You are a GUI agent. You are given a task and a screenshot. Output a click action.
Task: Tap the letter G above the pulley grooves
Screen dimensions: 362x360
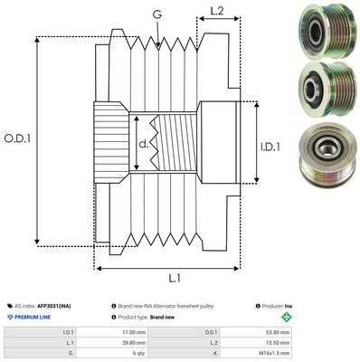[x=158, y=14]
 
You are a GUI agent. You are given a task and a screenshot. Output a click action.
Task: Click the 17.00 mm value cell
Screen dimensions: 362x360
[x=137, y=331]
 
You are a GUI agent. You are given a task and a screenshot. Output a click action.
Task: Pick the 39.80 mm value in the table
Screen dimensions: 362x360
[x=137, y=343]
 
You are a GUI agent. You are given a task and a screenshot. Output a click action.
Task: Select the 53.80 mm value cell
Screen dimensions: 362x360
[x=314, y=331]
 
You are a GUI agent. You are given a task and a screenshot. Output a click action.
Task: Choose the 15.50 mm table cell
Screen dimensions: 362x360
[x=314, y=343]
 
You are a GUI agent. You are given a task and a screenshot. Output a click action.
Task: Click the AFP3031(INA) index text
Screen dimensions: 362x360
[x=57, y=307]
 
